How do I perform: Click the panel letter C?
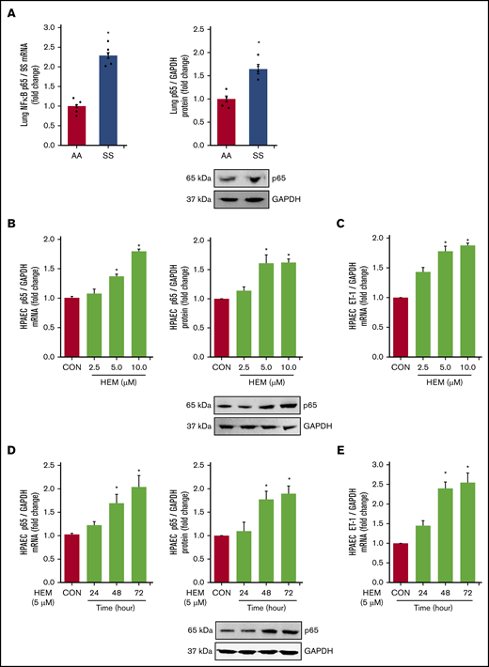(348, 224)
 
